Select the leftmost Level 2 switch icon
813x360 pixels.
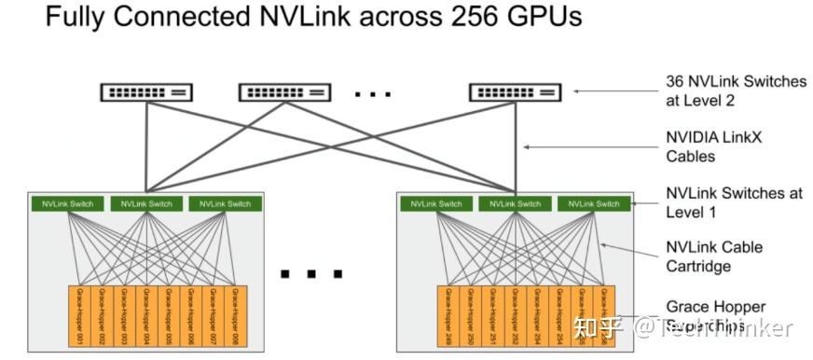click(x=146, y=91)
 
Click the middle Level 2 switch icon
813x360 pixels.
click(x=284, y=91)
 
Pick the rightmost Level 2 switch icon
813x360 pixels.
click(x=515, y=91)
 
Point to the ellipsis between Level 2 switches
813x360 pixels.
click(x=373, y=94)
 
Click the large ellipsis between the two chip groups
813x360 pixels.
click(x=311, y=274)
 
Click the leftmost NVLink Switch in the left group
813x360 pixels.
click(x=66, y=203)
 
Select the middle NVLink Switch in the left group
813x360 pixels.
click(x=145, y=203)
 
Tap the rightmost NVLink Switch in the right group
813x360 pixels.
click(x=594, y=203)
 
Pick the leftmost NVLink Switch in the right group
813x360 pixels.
click(x=435, y=203)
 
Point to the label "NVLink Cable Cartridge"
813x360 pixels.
click(x=714, y=256)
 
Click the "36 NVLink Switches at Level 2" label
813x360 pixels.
click(x=736, y=90)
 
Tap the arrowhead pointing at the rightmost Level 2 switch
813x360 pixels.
click(x=574, y=90)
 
